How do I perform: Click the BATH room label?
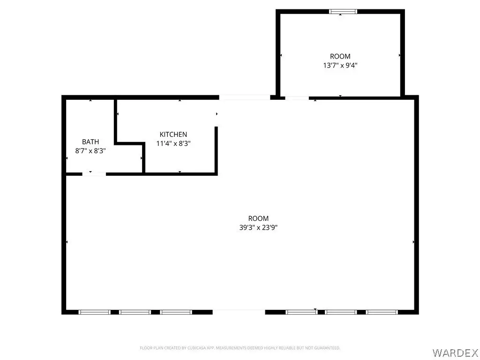[x=90, y=142]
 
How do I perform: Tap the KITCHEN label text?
[x=173, y=135]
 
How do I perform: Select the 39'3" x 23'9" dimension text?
[x=258, y=227]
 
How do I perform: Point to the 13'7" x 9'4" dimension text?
[x=340, y=65]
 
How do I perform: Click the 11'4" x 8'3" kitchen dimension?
[x=173, y=143]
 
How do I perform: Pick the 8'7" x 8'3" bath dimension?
[x=90, y=150]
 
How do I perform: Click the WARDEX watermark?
[x=456, y=352]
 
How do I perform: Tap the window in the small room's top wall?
[x=343, y=12]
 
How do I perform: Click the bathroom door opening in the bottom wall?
[x=94, y=174]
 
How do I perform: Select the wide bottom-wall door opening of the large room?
[x=239, y=312]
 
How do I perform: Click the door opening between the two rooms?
[x=297, y=98]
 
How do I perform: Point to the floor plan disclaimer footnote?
[x=240, y=348]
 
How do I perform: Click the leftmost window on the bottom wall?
[x=95, y=312]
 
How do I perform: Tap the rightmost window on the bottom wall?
[x=382, y=312]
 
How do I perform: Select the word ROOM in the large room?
[x=258, y=218]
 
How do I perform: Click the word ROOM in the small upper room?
[x=340, y=56]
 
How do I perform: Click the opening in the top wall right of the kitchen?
[x=245, y=97]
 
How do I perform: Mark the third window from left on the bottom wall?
[x=176, y=312]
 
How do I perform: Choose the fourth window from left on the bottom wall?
[x=301, y=312]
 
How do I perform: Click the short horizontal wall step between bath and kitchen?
[x=129, y=143]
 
